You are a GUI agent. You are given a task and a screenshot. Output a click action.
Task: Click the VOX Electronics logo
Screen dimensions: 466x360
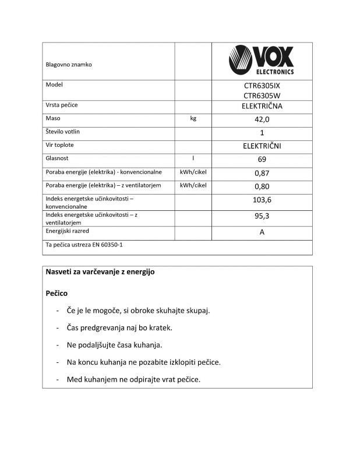coord(262,61)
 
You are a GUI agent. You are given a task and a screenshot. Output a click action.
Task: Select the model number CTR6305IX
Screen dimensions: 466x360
coord(262,86)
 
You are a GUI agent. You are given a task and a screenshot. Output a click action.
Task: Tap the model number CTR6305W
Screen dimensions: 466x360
coord(262,96)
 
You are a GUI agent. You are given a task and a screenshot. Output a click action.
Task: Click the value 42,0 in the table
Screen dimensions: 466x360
coord(262,119)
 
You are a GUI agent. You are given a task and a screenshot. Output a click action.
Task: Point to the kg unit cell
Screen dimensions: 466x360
coord(193,118)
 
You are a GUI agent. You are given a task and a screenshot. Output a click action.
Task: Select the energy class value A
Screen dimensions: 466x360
coord(262,233)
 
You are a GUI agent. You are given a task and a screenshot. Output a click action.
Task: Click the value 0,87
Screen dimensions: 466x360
coord(262,173)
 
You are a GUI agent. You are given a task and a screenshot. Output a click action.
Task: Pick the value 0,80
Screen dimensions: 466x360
coord(262,187)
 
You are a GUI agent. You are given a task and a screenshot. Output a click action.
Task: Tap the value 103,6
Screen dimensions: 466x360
coord(262,200)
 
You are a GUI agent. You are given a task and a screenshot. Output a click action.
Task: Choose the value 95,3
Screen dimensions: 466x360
coord(262,216)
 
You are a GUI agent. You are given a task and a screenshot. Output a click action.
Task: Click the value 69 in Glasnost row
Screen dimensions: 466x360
coord(262,160)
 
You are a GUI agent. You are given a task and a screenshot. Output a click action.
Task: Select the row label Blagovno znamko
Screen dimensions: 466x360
coord(69,65)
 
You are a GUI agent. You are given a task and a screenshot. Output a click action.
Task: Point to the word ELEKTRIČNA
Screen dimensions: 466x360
coord(262,106)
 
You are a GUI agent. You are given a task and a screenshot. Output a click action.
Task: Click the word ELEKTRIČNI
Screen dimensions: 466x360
coord(262,146)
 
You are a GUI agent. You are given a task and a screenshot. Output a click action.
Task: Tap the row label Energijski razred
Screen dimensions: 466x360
coord(68,231)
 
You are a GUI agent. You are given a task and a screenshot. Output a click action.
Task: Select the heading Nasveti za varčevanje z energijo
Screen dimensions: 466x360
coord(100,272)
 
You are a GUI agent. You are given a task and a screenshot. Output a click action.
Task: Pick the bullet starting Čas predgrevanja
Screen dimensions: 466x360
coord(119,327)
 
